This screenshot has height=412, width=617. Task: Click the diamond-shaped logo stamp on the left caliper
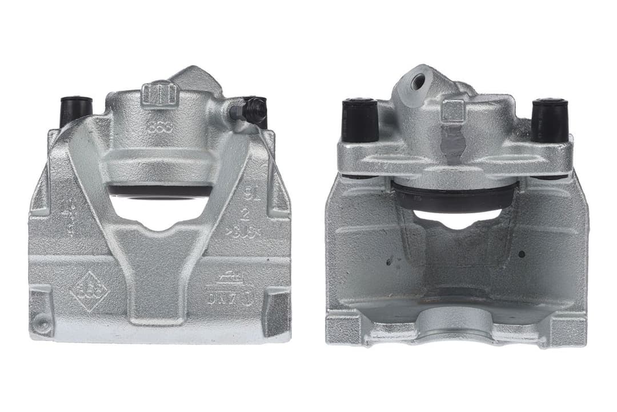(90, 291)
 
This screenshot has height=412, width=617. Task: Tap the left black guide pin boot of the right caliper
(360, 120)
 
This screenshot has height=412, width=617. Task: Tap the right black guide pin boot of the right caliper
(550, 120)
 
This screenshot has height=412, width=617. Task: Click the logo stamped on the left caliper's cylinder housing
(160, 128)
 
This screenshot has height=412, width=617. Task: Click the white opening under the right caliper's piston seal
(457, 217)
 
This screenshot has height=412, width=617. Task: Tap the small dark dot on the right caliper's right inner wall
(522, 253)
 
